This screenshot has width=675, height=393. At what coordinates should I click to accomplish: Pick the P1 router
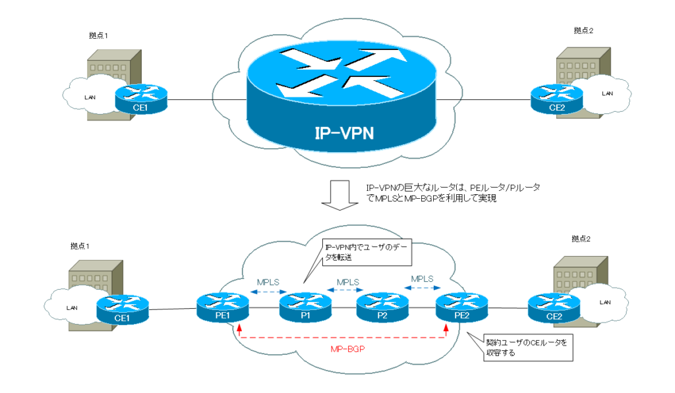pyautogui.click(x=305, y=307)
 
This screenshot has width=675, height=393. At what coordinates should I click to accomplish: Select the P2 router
pyautogui.click(x=382, y=307)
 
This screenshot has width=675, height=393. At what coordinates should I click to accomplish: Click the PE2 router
pyautogui.click(x=461, y=307)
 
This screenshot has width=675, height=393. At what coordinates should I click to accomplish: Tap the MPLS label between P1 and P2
pyautogui.click(x=348, y=282)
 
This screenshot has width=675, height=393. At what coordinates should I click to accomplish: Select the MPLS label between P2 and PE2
pyautogui.click(x=423, y=278)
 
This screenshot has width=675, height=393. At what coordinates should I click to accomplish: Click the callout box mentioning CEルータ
pyautogui.click(x=525, y=347)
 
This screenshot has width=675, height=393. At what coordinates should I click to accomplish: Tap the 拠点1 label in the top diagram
pyautogui.click(x=98, y=34)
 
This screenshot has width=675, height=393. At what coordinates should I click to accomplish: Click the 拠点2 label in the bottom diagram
pyautogui.click(x=581, y=238)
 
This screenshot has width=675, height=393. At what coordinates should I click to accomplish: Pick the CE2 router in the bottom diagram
pyautogui.click(x=554, y=308)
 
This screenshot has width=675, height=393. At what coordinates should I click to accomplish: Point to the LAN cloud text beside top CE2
pyautogui.click(x=606, y=93)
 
